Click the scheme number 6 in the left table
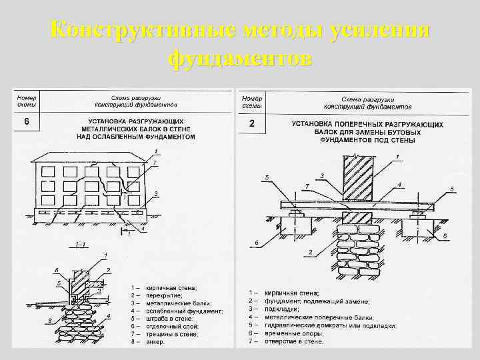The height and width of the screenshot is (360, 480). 26,122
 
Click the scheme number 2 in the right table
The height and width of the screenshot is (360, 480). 251,123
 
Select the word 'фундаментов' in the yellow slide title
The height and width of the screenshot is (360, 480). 240,59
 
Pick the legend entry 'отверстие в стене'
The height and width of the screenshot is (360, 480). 294,341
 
